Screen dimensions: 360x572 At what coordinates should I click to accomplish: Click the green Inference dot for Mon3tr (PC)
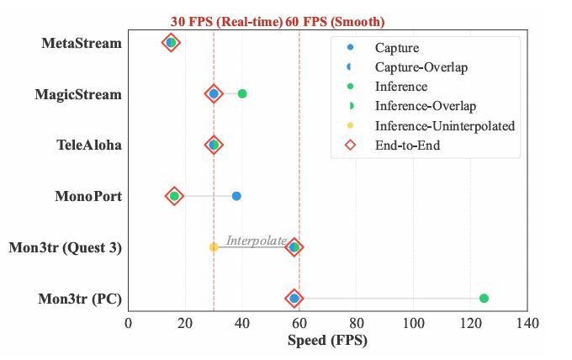point(484,299)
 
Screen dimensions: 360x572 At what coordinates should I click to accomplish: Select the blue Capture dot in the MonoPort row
point(236,196)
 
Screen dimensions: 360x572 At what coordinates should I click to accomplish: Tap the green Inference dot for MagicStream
point(242,93)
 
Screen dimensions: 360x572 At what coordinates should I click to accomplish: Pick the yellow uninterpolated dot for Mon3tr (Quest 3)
point(214,247)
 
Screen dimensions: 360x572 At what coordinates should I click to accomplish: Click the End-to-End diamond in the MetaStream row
point(171,43)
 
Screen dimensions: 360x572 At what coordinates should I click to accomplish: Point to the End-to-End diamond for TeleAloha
point(214,145)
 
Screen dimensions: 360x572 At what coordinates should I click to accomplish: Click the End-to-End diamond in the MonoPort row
point(174,196)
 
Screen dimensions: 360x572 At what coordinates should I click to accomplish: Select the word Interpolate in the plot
point(256,241)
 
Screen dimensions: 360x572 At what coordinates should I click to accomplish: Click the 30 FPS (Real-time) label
point(226,22)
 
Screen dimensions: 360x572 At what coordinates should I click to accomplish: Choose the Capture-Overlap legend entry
point(421,67)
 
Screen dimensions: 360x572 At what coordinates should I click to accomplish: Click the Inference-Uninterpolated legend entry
point(444,126)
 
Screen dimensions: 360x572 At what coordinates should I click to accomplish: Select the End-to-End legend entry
point(407,146)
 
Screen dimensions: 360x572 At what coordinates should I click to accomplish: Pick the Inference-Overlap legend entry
point(425,106)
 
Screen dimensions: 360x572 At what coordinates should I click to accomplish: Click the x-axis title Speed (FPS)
point(327,341)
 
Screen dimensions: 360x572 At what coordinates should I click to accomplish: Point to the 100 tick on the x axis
point(413,323)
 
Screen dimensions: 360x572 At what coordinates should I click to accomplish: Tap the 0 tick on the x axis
point(129,323)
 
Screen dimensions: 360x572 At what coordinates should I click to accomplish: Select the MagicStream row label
point(78,94)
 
